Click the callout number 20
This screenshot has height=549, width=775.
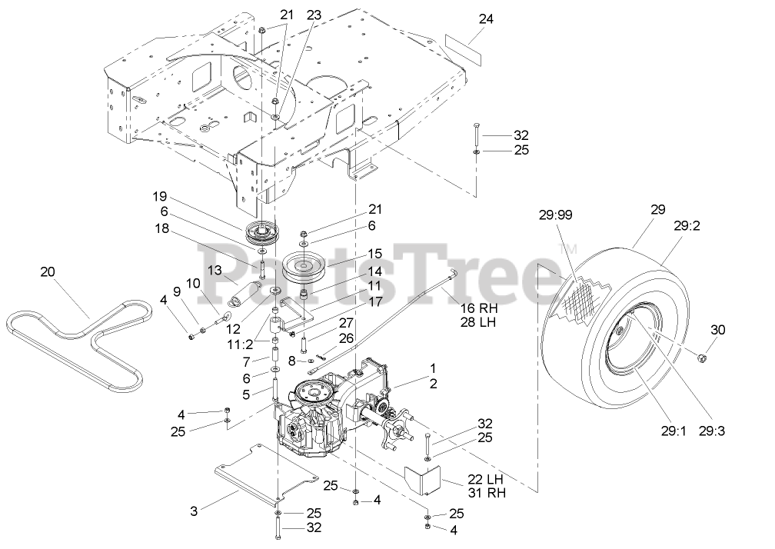[x=48, y=271]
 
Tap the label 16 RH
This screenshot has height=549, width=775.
[x=477, y=308]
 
